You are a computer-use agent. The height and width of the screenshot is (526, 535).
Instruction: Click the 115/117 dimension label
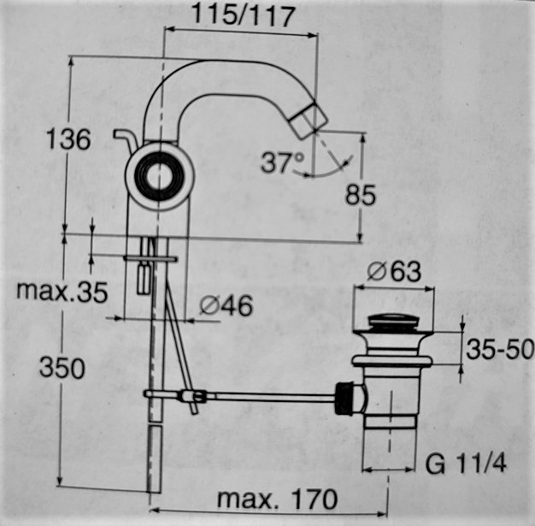(244, 15)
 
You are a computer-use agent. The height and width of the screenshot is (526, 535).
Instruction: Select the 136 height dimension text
(68, 139)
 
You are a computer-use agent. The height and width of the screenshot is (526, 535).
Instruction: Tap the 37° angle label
(283, 163)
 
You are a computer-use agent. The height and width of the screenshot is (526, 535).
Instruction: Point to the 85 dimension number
(361, 195)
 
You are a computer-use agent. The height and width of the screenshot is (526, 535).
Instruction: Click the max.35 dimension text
(62, 292)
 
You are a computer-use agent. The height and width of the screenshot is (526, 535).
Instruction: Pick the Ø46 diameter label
(226, 305)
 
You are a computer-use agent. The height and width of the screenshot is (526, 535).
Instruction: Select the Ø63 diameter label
(394, 271)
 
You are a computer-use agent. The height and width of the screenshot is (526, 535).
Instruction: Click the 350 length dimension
(62, 368)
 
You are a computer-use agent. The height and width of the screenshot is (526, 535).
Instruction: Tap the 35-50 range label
(500, 349)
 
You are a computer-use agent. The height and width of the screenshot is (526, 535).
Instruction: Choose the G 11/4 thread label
(466, 464)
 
